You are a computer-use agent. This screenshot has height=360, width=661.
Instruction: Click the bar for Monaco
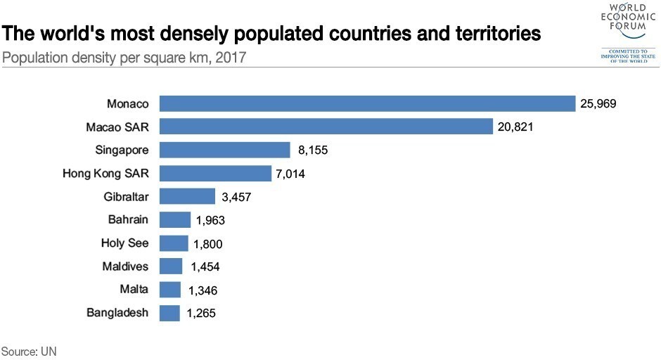pyautogui.click(x=367, y=103)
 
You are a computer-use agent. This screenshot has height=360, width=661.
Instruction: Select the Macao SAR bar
pyautogui.click(x=326, y=127)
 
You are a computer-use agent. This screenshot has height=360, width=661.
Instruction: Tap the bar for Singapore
pyautogui.click(x=224, y=150)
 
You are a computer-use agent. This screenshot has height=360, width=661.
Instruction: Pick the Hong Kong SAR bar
pyautogui.click(x=215, y=173)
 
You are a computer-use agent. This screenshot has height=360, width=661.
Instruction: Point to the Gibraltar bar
pyautogui.click(x=187, y=196)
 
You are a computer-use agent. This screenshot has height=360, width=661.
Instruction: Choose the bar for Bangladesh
pyautogui.click(x=170, y=313)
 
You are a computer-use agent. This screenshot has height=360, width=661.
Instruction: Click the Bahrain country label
pyautogui.click(x=128, y=219)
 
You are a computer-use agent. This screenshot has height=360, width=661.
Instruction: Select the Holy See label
pyautogui.click(x=124, y=243)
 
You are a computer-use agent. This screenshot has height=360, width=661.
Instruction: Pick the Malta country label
pyautogui.click(x=134, y=289)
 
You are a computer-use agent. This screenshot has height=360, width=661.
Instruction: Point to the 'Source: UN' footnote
pyautogui.click(x=28, y=350)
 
